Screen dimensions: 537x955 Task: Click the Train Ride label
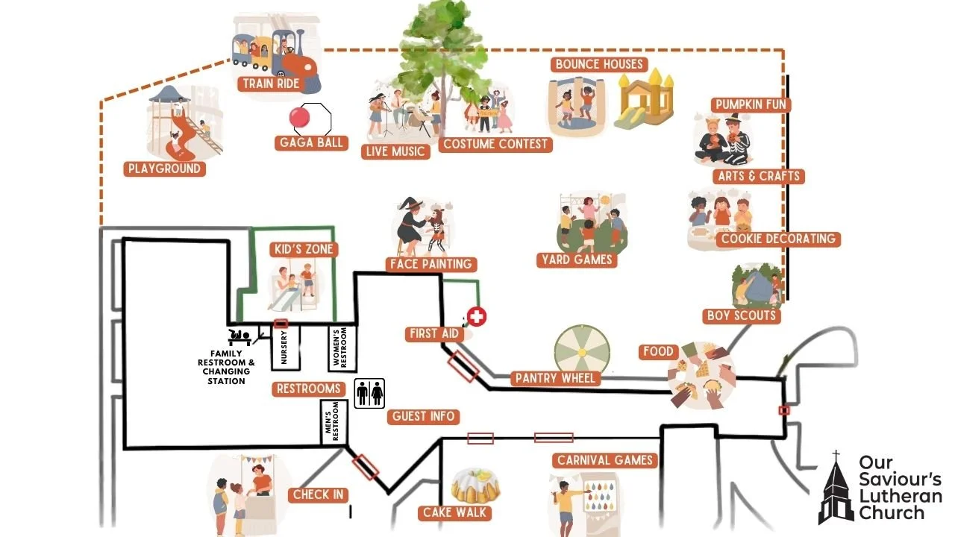[270, 84]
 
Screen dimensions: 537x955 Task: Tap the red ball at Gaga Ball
[299, 118]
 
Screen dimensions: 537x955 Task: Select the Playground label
[164, 169]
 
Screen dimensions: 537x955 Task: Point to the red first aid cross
[476, 317]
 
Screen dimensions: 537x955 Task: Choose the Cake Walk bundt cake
[475, 484]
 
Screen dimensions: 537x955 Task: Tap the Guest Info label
[422, 416]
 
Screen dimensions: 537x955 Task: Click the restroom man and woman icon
[369, 393]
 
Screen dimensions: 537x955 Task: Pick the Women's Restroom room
[342, 348]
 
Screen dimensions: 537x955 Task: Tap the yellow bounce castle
[645, 97]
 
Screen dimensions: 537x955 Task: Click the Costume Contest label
[495, 144]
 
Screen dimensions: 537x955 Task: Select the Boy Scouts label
[741, 315]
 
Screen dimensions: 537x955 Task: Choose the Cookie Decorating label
[777, 239]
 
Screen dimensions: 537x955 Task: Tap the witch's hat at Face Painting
[410, 204]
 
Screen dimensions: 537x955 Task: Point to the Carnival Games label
[604, 460]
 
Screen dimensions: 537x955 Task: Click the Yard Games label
[577, 260]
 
